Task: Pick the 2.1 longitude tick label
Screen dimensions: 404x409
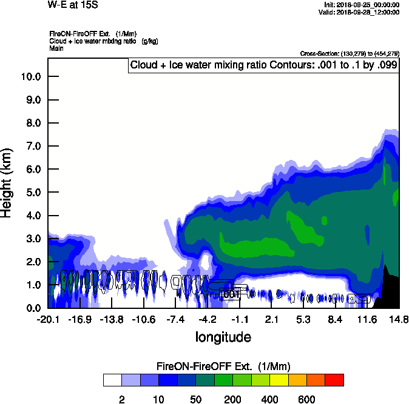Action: (x=271, y=319)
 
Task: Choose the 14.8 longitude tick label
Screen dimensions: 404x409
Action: (x=399, y=319)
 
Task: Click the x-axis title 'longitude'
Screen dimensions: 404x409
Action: (x=223, y=337)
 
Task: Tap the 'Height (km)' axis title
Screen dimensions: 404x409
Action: (x=8, y=182)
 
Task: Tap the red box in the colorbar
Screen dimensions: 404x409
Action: (x=334, y=380)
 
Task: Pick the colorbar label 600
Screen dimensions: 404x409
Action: (x=306, y=399)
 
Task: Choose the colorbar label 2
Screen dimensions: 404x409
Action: (x=121, y=399)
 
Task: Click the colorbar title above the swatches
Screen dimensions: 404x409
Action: (x=223, y=366)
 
